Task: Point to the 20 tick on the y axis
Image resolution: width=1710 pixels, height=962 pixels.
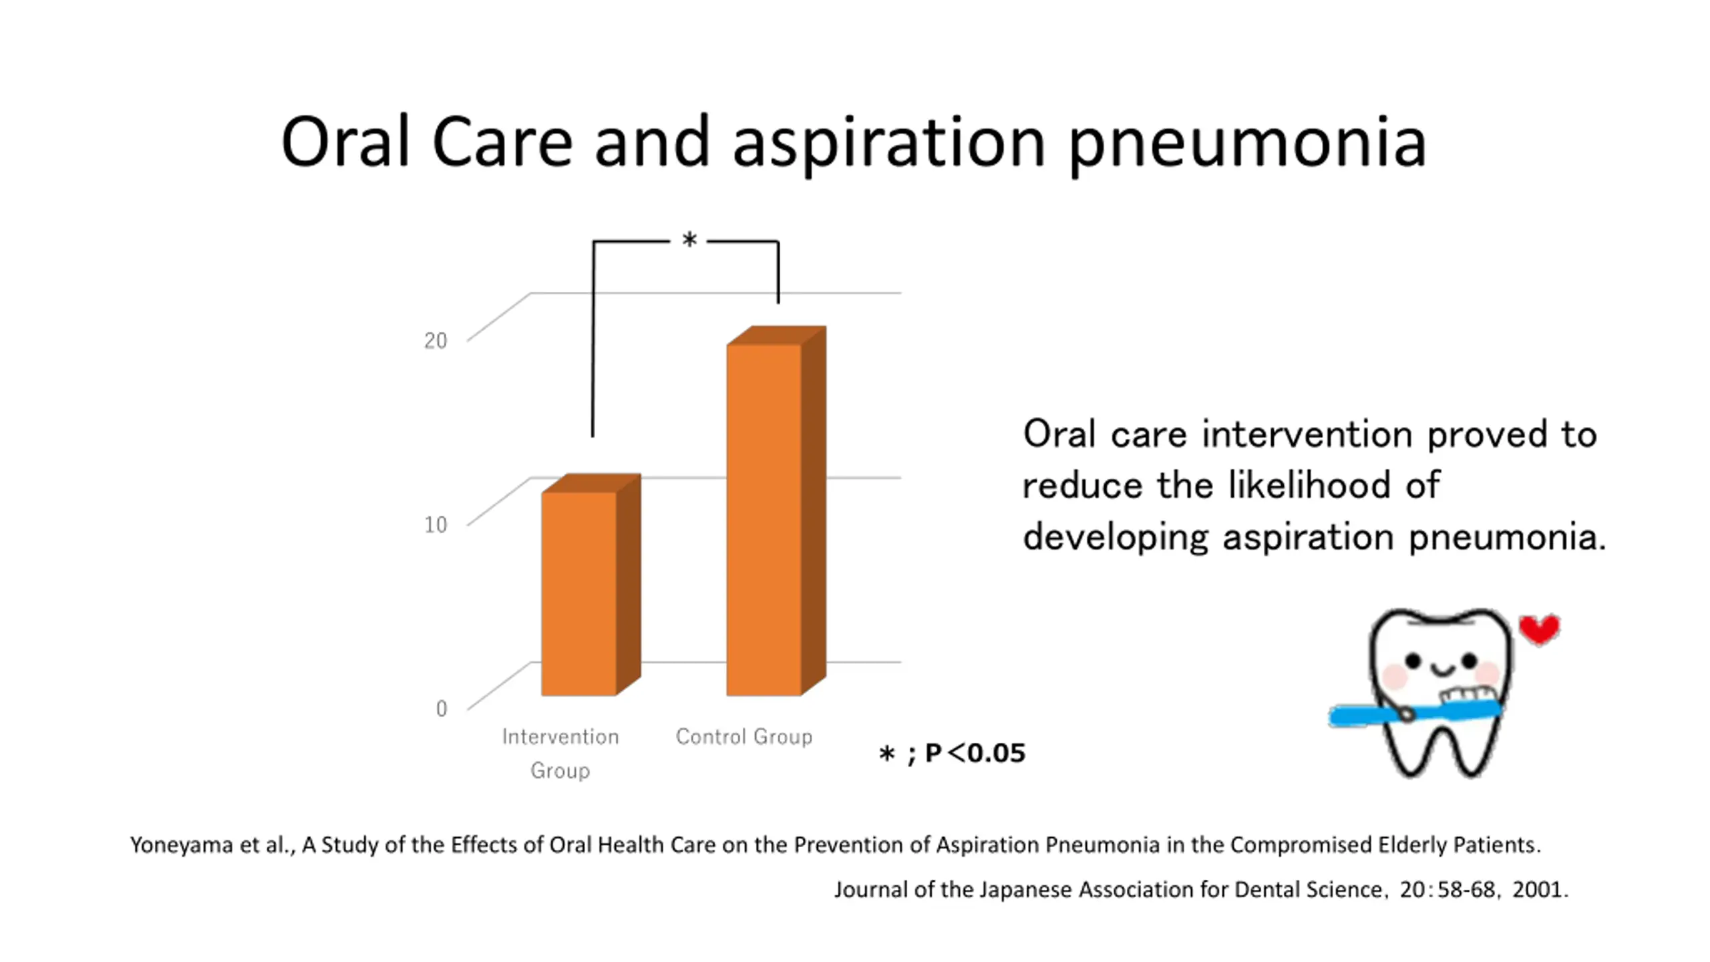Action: click(436, 341)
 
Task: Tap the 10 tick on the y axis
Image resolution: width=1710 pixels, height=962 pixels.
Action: click(436, 524)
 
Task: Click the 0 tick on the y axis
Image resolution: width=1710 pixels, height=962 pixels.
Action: click(442, 708)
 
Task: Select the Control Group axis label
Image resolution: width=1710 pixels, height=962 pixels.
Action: click(743, 737)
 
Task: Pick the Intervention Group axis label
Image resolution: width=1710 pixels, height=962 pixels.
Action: click(560, 753)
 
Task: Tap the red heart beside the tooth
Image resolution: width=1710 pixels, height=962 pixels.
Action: click(1540, 629)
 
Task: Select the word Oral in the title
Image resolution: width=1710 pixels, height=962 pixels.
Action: click(345, 143)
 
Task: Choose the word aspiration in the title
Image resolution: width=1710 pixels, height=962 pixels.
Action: click(888, 143)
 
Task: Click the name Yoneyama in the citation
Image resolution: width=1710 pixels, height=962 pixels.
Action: click(182, 845)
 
